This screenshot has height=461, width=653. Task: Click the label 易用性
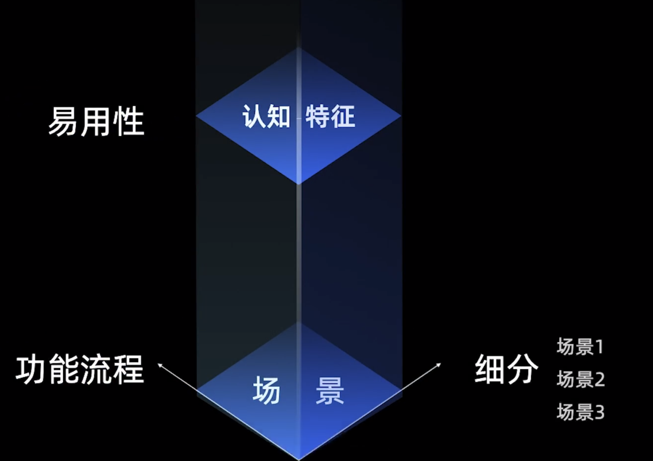[96, 121]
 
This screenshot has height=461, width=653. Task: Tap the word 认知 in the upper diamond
[266, 117]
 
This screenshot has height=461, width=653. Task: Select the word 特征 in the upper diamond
[330, 117]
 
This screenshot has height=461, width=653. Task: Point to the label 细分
[506, 369]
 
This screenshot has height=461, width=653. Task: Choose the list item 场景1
[580, 347]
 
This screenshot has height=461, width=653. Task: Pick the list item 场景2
[581, 379]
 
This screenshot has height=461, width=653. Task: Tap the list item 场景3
[581, 412]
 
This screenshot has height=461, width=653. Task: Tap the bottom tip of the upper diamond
[299, 183]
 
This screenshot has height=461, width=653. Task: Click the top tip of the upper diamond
[299, 48]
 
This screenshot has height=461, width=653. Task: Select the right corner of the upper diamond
[401, 116]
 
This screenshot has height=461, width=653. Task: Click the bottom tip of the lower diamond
[299, 459]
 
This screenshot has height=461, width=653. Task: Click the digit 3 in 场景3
[599, 412]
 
